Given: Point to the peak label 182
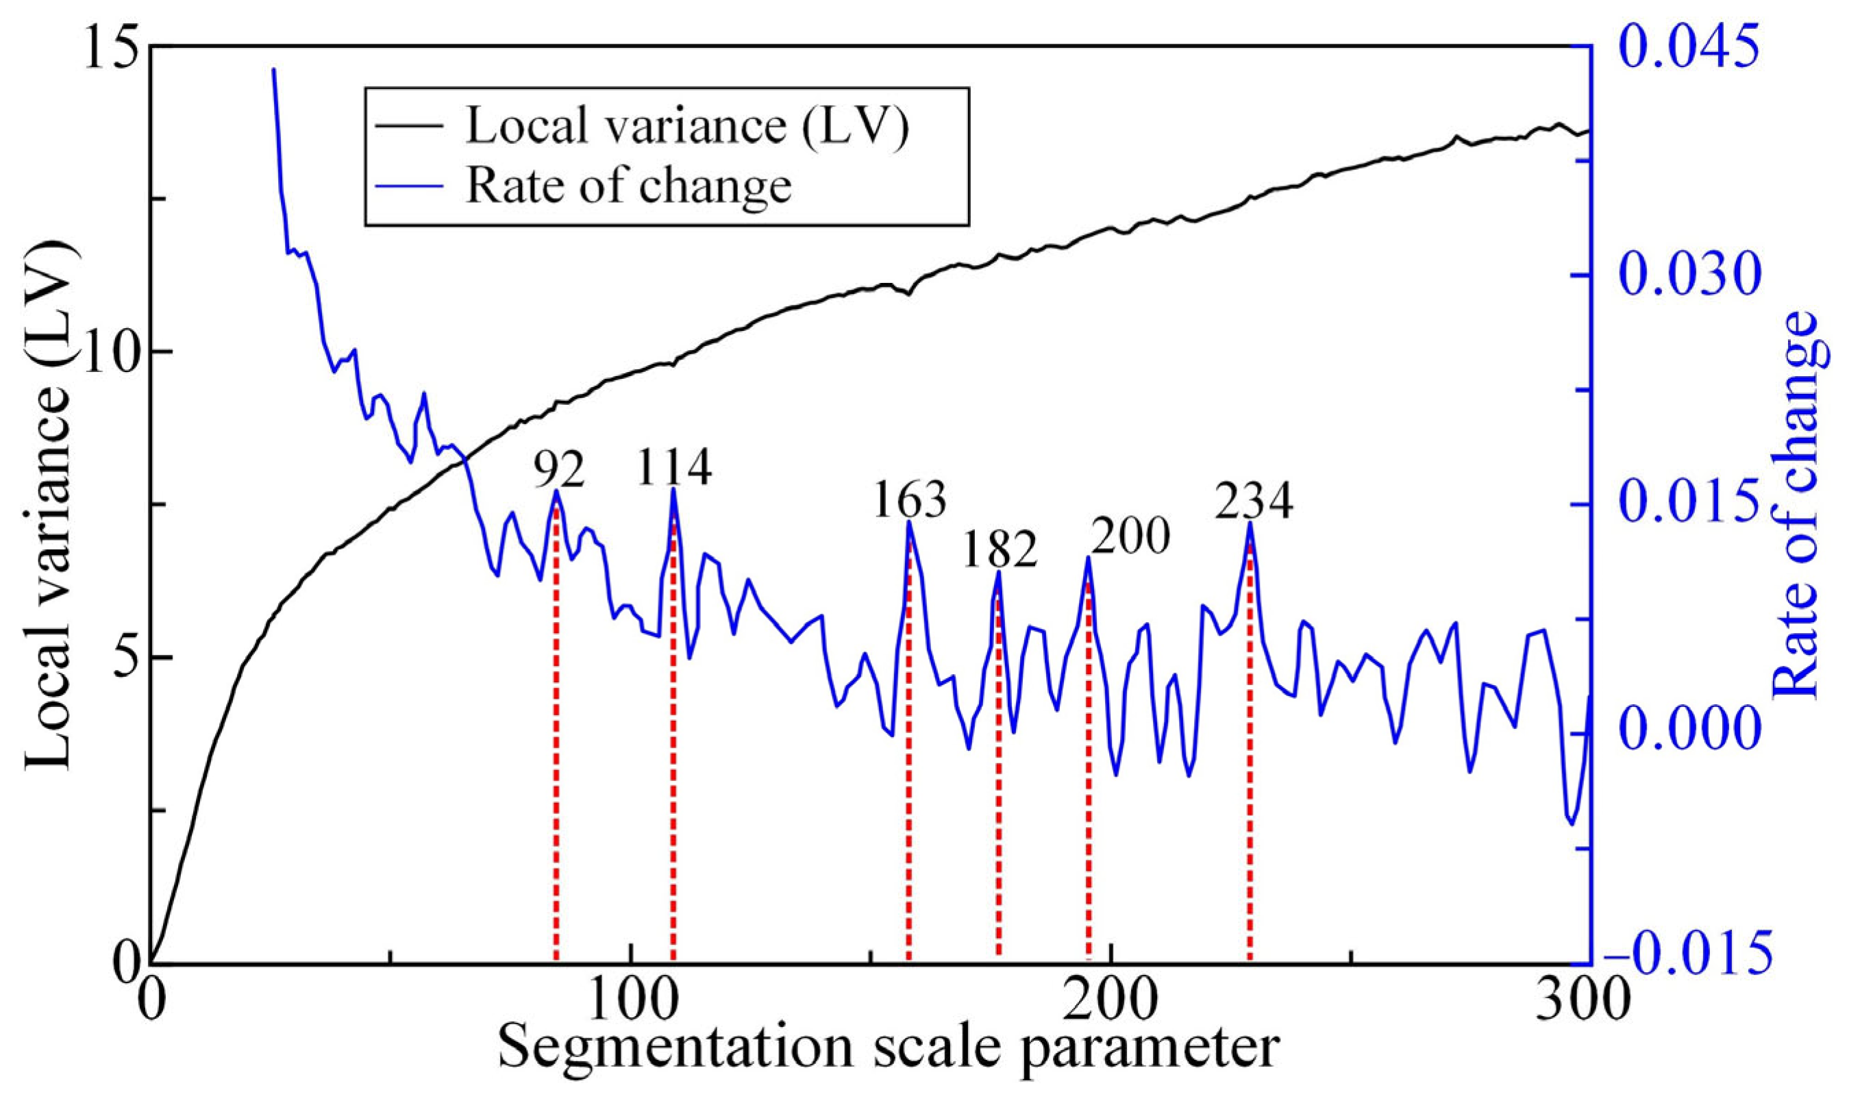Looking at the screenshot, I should point(999,551).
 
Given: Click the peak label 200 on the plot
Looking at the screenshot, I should point(1130,536).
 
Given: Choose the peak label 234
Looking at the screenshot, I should point(1254,502).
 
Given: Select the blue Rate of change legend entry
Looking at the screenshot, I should point(628,186).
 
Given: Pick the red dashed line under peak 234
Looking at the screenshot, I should point(1251,780).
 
